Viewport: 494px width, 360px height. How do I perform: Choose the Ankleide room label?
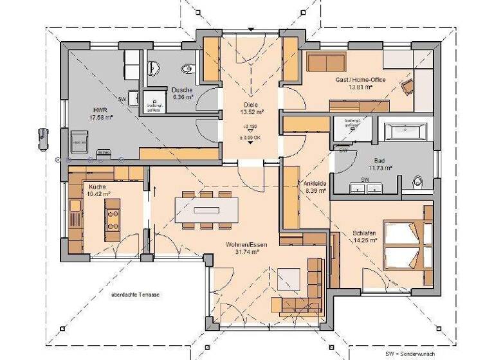coord(315,186)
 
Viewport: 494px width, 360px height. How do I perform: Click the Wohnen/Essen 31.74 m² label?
coord(242,249)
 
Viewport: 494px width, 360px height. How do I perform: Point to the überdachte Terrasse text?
coord(135,294)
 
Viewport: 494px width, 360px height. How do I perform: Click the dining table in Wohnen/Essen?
coord(206,210)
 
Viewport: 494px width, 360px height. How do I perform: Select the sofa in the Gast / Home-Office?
coord(326,62)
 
